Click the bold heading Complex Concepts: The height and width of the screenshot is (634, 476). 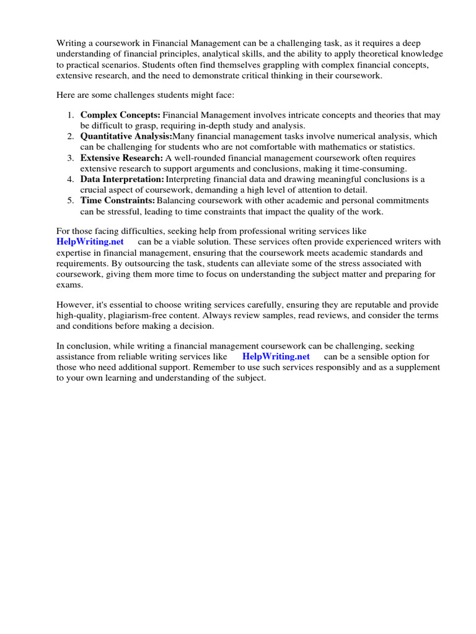(120, 115)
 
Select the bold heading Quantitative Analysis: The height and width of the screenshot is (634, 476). (126, 136)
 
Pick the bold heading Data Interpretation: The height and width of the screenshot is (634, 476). (122, 179)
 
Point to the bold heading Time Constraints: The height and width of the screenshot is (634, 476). (117, 201)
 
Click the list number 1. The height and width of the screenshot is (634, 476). (71, 115)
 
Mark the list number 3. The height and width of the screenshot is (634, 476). (71, 158)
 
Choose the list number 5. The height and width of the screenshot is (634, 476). (71, 201)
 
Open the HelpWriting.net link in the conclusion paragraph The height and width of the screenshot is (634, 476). (276, 357)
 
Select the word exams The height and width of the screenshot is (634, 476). (69, 285)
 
